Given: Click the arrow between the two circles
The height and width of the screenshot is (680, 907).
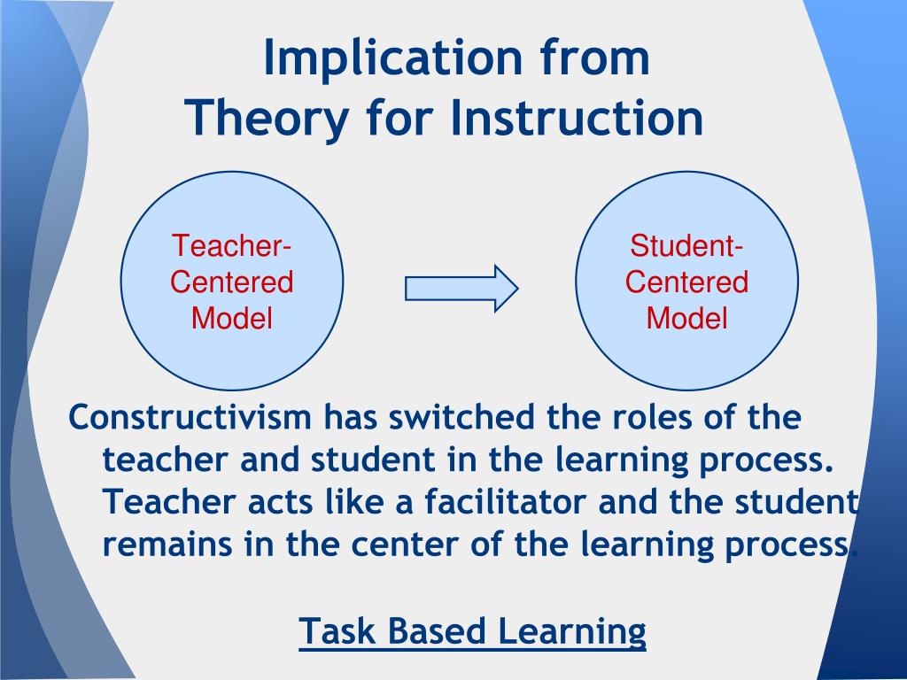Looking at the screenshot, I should click(461, 288).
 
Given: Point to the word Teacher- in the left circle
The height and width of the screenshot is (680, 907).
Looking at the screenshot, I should click(231, 246).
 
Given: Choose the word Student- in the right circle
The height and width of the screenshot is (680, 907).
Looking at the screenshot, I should click(686, 246).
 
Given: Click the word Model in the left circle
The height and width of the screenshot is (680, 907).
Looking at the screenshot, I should click(231, 318).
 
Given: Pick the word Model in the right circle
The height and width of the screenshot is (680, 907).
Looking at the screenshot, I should click(686, 318).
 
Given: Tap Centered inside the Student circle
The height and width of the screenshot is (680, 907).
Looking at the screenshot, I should click(686, 282).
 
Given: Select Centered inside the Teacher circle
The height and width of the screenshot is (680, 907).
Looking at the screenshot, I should click(231, 282).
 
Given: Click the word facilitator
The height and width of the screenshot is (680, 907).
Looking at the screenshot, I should click(505, 502).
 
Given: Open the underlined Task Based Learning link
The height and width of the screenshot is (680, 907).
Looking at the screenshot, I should click(472, 631).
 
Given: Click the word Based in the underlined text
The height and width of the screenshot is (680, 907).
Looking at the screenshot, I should click(438, 631).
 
